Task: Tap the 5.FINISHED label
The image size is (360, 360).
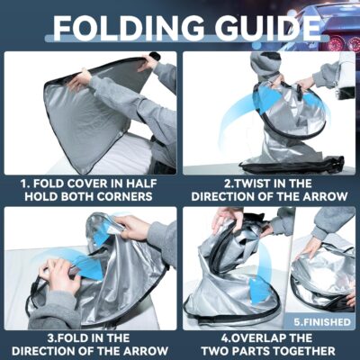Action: point(322,322)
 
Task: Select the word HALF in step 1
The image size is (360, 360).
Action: point(140,184)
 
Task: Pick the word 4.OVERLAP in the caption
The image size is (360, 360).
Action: point(253,337)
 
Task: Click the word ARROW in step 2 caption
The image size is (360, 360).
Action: point(326,196)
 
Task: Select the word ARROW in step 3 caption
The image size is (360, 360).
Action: point(147,351)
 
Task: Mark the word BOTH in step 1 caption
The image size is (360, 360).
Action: point(72,196)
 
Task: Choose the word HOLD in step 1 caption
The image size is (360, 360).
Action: point(38,196)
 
